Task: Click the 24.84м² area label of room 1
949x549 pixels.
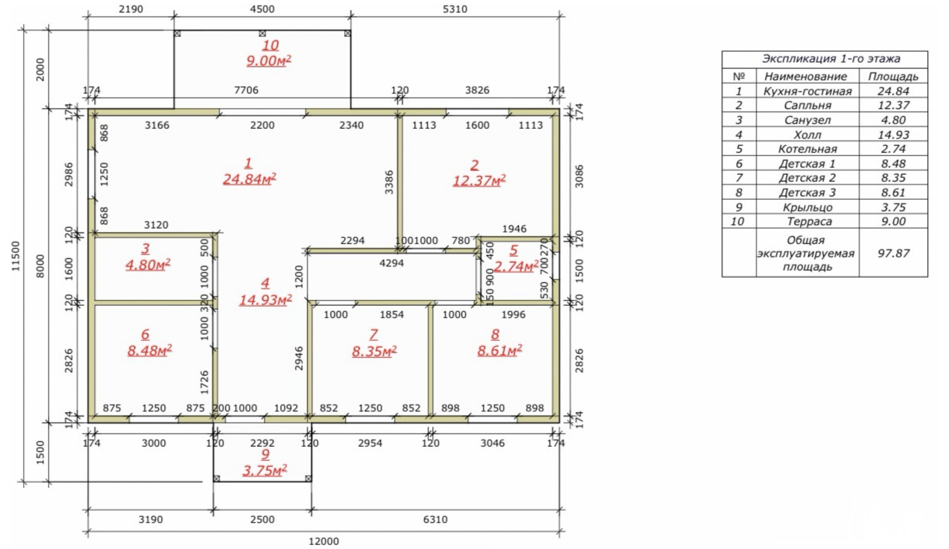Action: [249, 179]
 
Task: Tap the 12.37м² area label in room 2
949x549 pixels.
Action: [479, 181]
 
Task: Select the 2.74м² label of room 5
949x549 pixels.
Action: [516, 266]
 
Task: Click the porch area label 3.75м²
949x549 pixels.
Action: [265, 470]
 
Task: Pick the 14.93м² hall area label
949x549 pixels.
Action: [266, 300]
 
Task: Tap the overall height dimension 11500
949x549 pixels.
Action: [15, 256]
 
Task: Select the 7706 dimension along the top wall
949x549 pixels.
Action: [246, 90]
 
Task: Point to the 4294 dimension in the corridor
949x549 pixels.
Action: [392, 263]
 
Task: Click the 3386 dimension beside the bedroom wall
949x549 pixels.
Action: [389, 182]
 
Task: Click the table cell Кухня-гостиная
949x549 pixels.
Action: [807, 91]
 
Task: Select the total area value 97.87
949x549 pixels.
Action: [893, 253]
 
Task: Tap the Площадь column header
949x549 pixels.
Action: [893, 76]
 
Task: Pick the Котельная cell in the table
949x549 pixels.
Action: [807, 149]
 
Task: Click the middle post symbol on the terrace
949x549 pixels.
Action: [262, 34]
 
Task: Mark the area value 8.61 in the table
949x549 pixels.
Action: [893, 192]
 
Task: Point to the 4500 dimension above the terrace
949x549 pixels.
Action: [262, 9]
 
